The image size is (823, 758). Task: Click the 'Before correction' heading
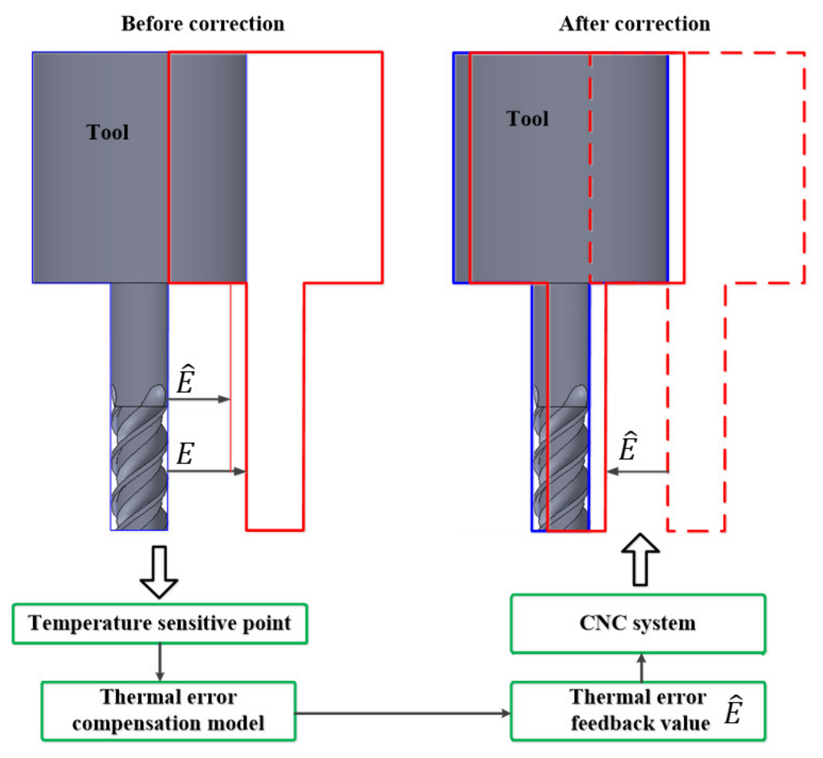click(203, 24)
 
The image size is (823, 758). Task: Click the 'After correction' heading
click(634, 24)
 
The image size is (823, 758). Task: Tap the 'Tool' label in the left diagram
click(108, 132)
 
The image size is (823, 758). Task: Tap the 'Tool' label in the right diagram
click(527, 119)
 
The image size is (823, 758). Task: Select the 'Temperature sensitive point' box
click(160, 623)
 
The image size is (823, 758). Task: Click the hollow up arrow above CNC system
click(640, 560)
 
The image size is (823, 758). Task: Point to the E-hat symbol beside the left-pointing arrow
click(628, 447)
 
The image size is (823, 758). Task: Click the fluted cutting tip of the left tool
click(139, 467)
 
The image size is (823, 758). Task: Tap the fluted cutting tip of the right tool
click(561, 467)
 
